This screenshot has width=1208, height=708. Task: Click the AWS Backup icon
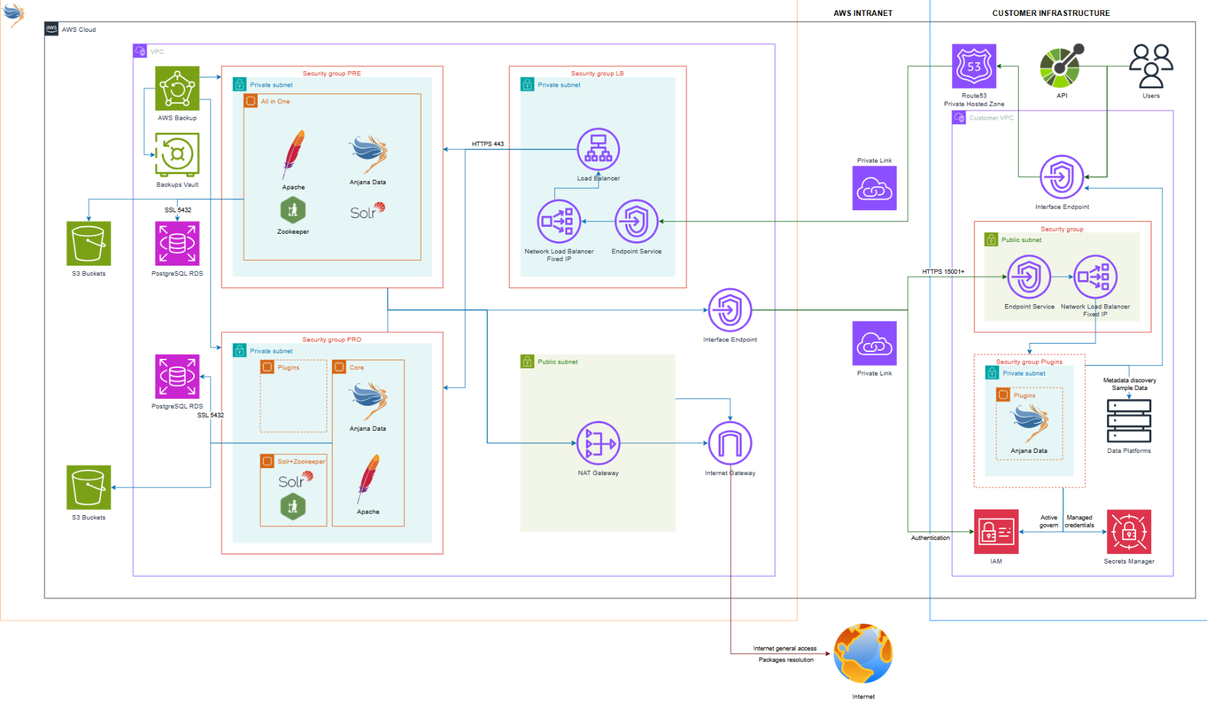(177, 88)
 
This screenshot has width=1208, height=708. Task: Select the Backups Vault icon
(177, 154)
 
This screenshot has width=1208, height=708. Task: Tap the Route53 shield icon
(974, 66)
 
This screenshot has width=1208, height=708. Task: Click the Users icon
(1151, 66)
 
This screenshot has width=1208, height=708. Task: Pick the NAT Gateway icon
(598, 443)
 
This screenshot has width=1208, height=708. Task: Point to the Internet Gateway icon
(730, 443)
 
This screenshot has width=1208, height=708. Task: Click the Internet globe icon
(863, 653)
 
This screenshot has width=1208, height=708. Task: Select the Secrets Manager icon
(1129, 532)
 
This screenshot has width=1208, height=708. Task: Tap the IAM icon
(996, 532)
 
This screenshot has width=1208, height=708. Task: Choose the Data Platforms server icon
(1129, 421)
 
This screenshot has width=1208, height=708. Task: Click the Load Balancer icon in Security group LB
(598, 149)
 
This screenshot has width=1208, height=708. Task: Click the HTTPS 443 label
(488, 144)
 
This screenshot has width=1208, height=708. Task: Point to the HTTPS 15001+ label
(943, 272)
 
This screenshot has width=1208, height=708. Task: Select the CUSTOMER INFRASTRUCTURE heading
(1050, 13)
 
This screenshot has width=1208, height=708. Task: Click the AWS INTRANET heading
(862, 13)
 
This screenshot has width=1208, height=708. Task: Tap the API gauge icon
(1061, 66)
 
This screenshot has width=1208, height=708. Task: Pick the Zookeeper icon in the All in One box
(293, 210)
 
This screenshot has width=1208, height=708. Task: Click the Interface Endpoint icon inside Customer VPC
(1061, 177)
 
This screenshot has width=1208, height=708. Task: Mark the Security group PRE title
(332, 73)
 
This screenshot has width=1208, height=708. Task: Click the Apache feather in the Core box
(368, 478)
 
